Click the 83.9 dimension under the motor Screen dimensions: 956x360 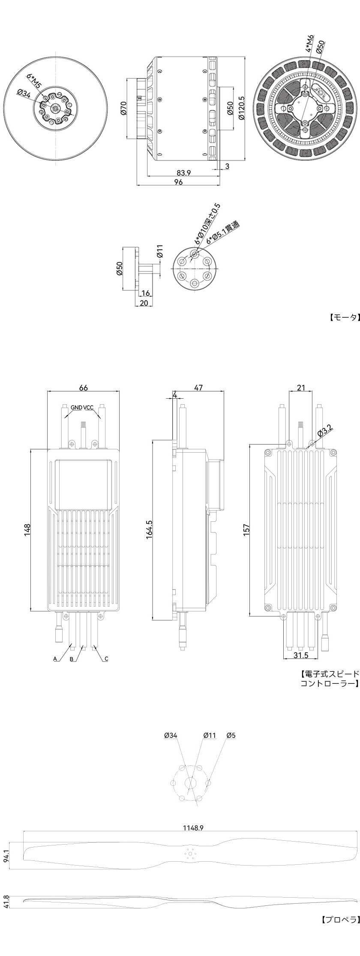click(x=183, y=173)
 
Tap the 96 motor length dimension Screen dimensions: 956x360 click(x=179, y=182)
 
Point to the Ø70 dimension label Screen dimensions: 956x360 click(x=123, y=108)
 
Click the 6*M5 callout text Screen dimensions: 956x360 click(x=34, y=81)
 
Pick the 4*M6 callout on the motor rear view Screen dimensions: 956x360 click(x=310, y=43)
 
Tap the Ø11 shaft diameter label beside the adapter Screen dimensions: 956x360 click(x=160, y=251)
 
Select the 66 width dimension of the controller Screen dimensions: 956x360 click(x=83, y=388)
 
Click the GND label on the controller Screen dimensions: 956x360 click(x=76, y=407)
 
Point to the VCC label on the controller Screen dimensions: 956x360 click(x=89, y=407)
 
